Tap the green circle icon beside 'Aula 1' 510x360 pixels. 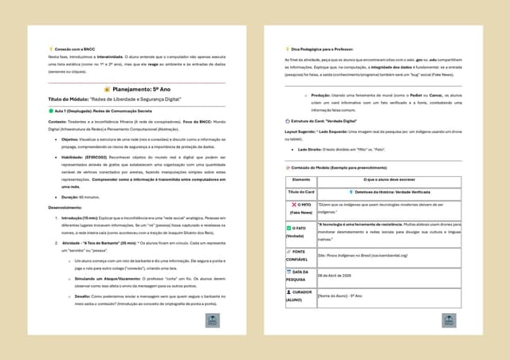click(x=51, y=112)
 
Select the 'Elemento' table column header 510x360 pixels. click(x=300, y=180)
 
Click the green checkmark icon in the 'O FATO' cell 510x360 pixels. click(x=289, y=229)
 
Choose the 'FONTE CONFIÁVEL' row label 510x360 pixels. click(x=300, y=256)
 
